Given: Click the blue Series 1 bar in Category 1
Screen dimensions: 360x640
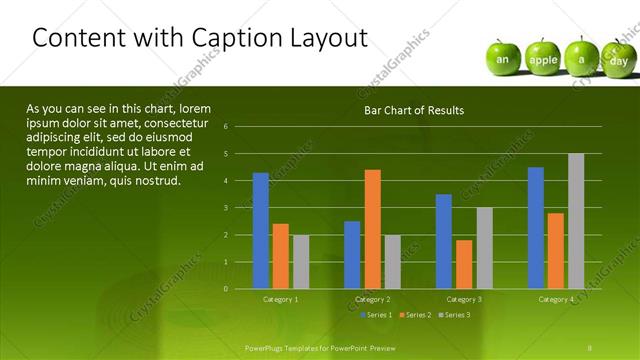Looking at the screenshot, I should pos(261,231).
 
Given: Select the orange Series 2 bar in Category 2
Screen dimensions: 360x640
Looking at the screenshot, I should pos(372,229).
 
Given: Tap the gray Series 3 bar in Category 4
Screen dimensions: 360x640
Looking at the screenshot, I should pos(576,221).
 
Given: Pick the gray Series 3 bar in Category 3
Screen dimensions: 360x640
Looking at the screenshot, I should pos(483,248).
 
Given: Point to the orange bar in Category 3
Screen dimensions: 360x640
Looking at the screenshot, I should pos(464,264).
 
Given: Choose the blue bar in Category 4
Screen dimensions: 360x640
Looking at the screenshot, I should pos(536,228).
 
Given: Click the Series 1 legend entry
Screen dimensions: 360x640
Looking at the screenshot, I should pos(377,315).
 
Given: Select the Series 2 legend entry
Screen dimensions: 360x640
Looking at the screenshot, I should pos(414,315).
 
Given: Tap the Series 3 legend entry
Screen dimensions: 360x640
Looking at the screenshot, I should pos(452,315).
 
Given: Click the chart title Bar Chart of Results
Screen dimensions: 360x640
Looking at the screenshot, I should pos(413,110).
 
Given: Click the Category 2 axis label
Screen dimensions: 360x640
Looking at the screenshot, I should pos(372,299).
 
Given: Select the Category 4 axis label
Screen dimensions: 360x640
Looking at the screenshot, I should pos(556,299).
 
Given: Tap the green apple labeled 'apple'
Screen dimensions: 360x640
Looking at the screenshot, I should pos(543,58).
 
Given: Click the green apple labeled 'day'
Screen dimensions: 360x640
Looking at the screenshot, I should pos(618,59).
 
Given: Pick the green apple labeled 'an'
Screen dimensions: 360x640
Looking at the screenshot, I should pos(504,58).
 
